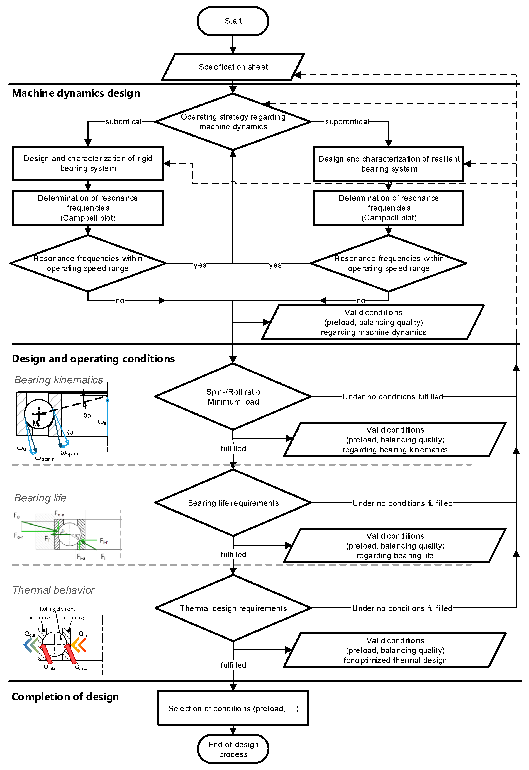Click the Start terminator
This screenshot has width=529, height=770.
click(233, 21)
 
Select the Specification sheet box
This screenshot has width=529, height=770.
click(233, 67)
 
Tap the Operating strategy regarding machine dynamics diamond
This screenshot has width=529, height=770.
click(233, 122)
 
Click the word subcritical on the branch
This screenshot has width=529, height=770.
click(123, 122)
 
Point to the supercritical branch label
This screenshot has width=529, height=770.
click(347, 122)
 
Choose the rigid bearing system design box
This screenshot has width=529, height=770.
click(88, 163)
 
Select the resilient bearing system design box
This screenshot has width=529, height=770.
click(388, 164)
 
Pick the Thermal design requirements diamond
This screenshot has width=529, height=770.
click(233, 608)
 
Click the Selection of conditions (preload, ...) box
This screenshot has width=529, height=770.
click(233, 708)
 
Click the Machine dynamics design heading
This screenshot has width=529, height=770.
click(76, 93)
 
